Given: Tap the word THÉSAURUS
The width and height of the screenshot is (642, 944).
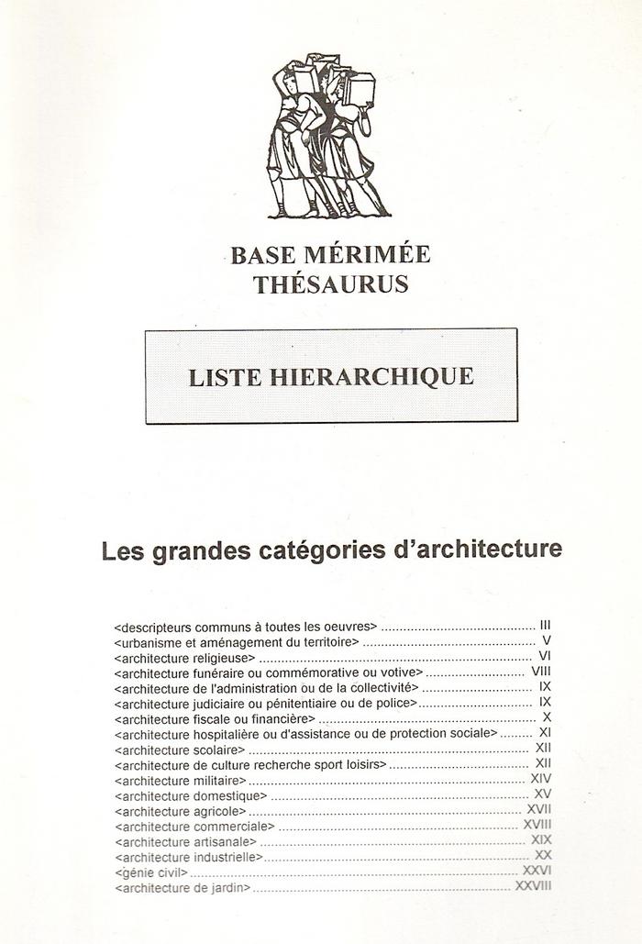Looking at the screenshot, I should pos(331,283).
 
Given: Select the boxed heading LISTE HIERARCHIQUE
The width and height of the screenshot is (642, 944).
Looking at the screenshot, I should pos(331,376).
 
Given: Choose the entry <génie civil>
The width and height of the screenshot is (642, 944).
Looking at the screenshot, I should pos(151,872).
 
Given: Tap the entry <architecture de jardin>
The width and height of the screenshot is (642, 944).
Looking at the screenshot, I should pos(183,888).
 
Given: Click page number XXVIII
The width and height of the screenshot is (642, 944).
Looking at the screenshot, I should pos(532,887).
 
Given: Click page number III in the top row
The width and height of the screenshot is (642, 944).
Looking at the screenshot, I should pos(545,627).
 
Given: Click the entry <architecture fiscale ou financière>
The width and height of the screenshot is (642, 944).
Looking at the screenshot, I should pos(215,718).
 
